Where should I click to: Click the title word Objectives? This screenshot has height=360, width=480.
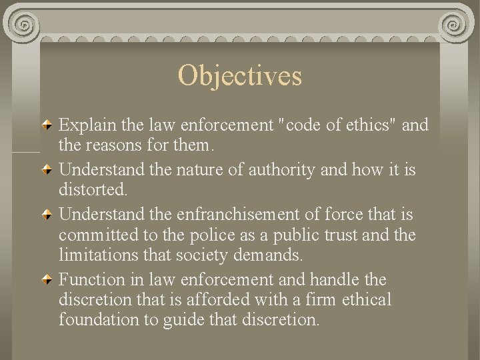240,76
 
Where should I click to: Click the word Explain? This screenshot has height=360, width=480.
85,125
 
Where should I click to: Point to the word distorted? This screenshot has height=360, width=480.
93,190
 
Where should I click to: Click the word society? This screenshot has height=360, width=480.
211,254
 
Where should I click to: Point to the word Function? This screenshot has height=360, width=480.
92,279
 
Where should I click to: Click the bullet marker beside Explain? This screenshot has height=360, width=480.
49,125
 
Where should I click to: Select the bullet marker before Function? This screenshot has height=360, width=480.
49,279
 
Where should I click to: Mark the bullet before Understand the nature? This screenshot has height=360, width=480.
49,171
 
